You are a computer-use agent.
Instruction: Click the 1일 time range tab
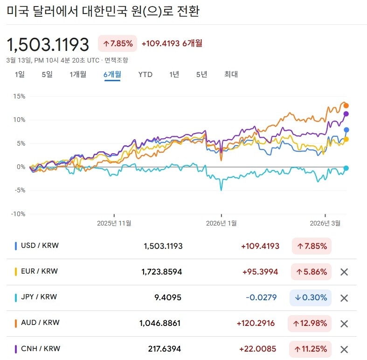[20, 74]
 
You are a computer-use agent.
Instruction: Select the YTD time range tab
[145, 74]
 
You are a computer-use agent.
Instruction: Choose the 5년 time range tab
[201, 74]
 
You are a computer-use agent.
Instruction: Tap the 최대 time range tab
[231, 74]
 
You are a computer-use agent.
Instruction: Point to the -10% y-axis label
[18, 214]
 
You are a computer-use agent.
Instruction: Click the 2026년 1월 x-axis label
[221, 223]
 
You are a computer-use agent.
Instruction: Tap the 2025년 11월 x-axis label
[114, 223]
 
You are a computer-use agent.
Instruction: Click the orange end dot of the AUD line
[346, 106]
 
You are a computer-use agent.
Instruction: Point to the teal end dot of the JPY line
[346, 168]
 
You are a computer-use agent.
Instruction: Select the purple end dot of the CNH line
[346, 114]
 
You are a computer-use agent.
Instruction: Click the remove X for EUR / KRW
[344, 272]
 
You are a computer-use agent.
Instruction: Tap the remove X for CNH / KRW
[344, 349]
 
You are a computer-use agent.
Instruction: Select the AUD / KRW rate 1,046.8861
[160, 323]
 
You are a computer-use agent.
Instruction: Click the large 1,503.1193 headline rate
[48, 44]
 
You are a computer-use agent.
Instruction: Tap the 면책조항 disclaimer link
[116, 60]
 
